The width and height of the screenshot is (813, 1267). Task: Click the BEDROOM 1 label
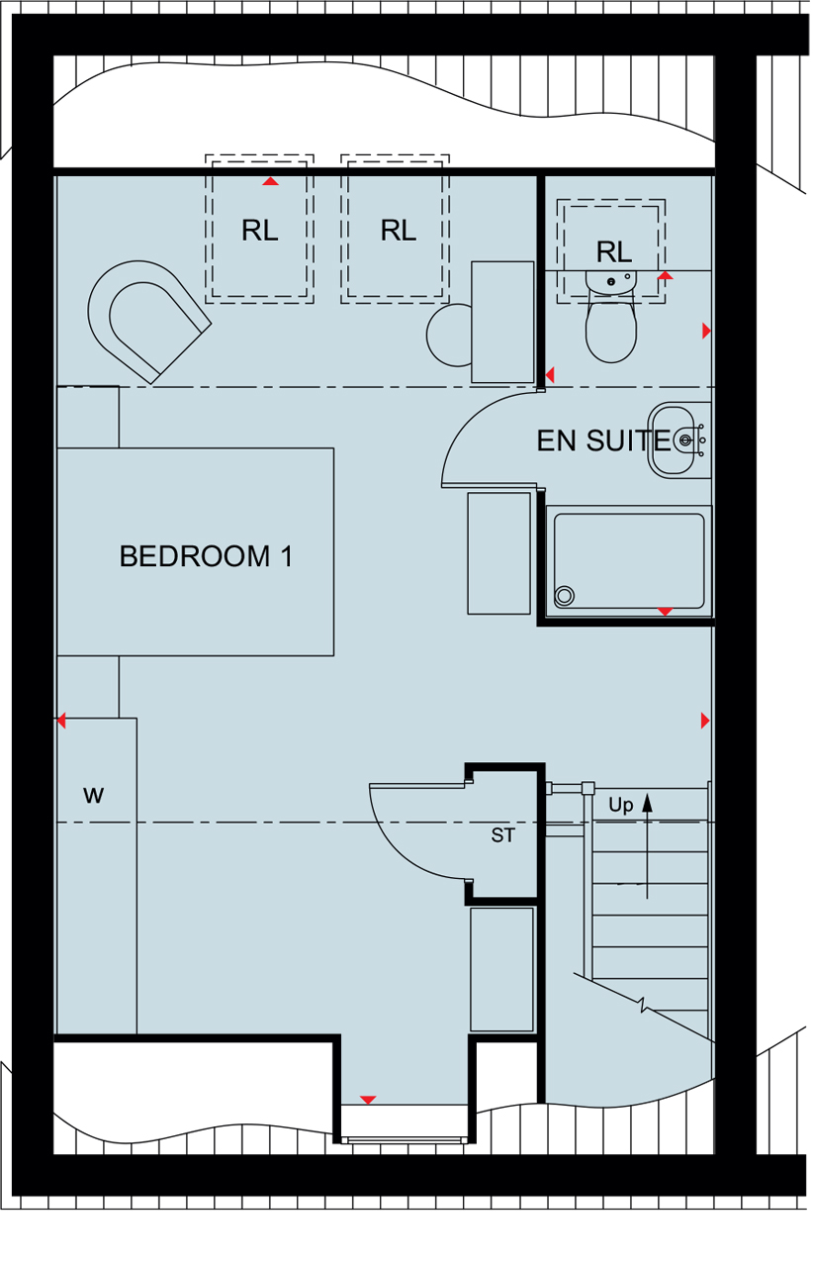[x=206, y=556]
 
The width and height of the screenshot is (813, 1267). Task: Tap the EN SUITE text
[x=602, y=440]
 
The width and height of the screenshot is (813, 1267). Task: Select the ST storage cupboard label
[x=503, y=835]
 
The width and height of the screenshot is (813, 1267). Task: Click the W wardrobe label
[x=93, y=795]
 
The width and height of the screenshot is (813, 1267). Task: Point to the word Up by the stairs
[x=620, y=805]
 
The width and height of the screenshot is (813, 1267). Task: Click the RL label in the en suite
[x=613, y=251]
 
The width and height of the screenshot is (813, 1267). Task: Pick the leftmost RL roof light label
[x=259, y=231]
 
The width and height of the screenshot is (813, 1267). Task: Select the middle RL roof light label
[x=398, y=231]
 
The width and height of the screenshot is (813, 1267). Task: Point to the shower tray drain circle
[x=565, y=595]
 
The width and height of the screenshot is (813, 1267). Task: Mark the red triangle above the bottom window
[x=368, y=1100]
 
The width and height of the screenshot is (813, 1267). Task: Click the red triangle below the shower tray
[x=665, y=612]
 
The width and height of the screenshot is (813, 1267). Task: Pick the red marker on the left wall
[x=61, y=721]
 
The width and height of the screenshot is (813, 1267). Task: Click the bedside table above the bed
[x=88, y=417]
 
